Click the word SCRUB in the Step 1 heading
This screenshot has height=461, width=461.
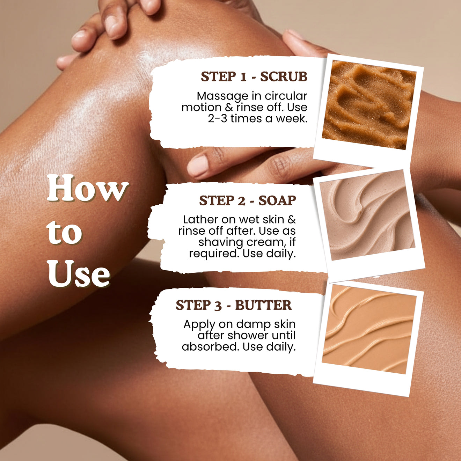[284, 76]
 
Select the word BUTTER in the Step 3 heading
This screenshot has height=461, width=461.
[263, 305]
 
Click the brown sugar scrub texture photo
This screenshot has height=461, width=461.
[368, 105]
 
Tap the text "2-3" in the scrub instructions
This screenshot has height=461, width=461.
[217, 119]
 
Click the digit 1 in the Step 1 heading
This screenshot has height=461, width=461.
[243, 77]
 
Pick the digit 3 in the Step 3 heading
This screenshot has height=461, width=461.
[218, 306]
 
